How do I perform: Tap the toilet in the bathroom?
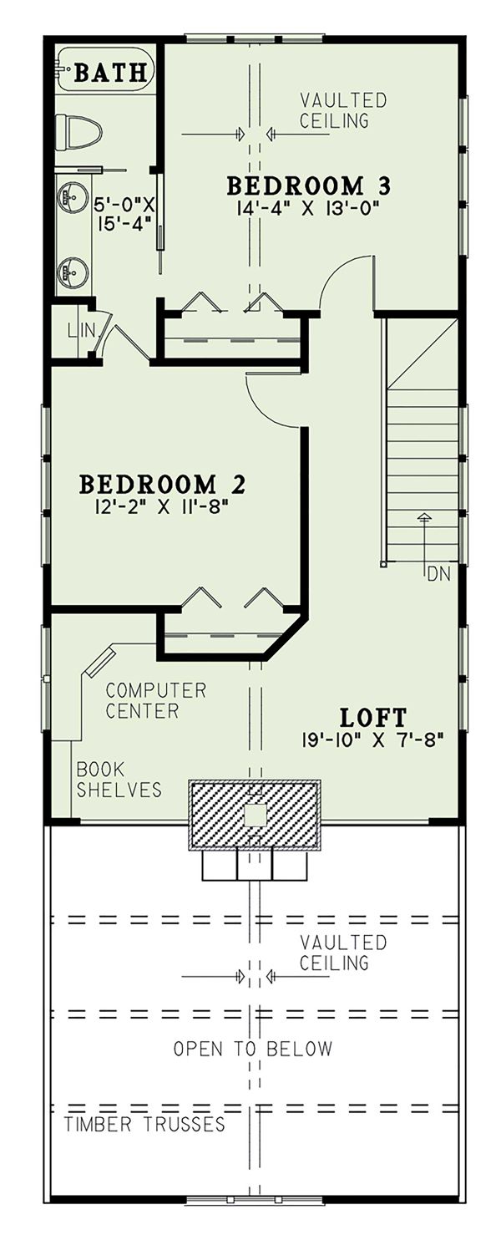(x=78, y=131)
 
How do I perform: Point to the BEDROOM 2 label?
(x=162, y=484)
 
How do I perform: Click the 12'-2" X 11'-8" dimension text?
(x=163, y=506)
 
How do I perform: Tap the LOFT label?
(x=373, y=717)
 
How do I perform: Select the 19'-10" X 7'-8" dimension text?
(x=372, y=739)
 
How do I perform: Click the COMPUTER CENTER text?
(x=155, y=701)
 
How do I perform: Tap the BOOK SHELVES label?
(x=119, y=779)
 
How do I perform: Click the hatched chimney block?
(x=255, y=814)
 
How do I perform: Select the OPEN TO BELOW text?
(x=252, y=1048)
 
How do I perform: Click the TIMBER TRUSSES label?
(x=144, y=1124)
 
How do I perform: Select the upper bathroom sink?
(x=72, y=198)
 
